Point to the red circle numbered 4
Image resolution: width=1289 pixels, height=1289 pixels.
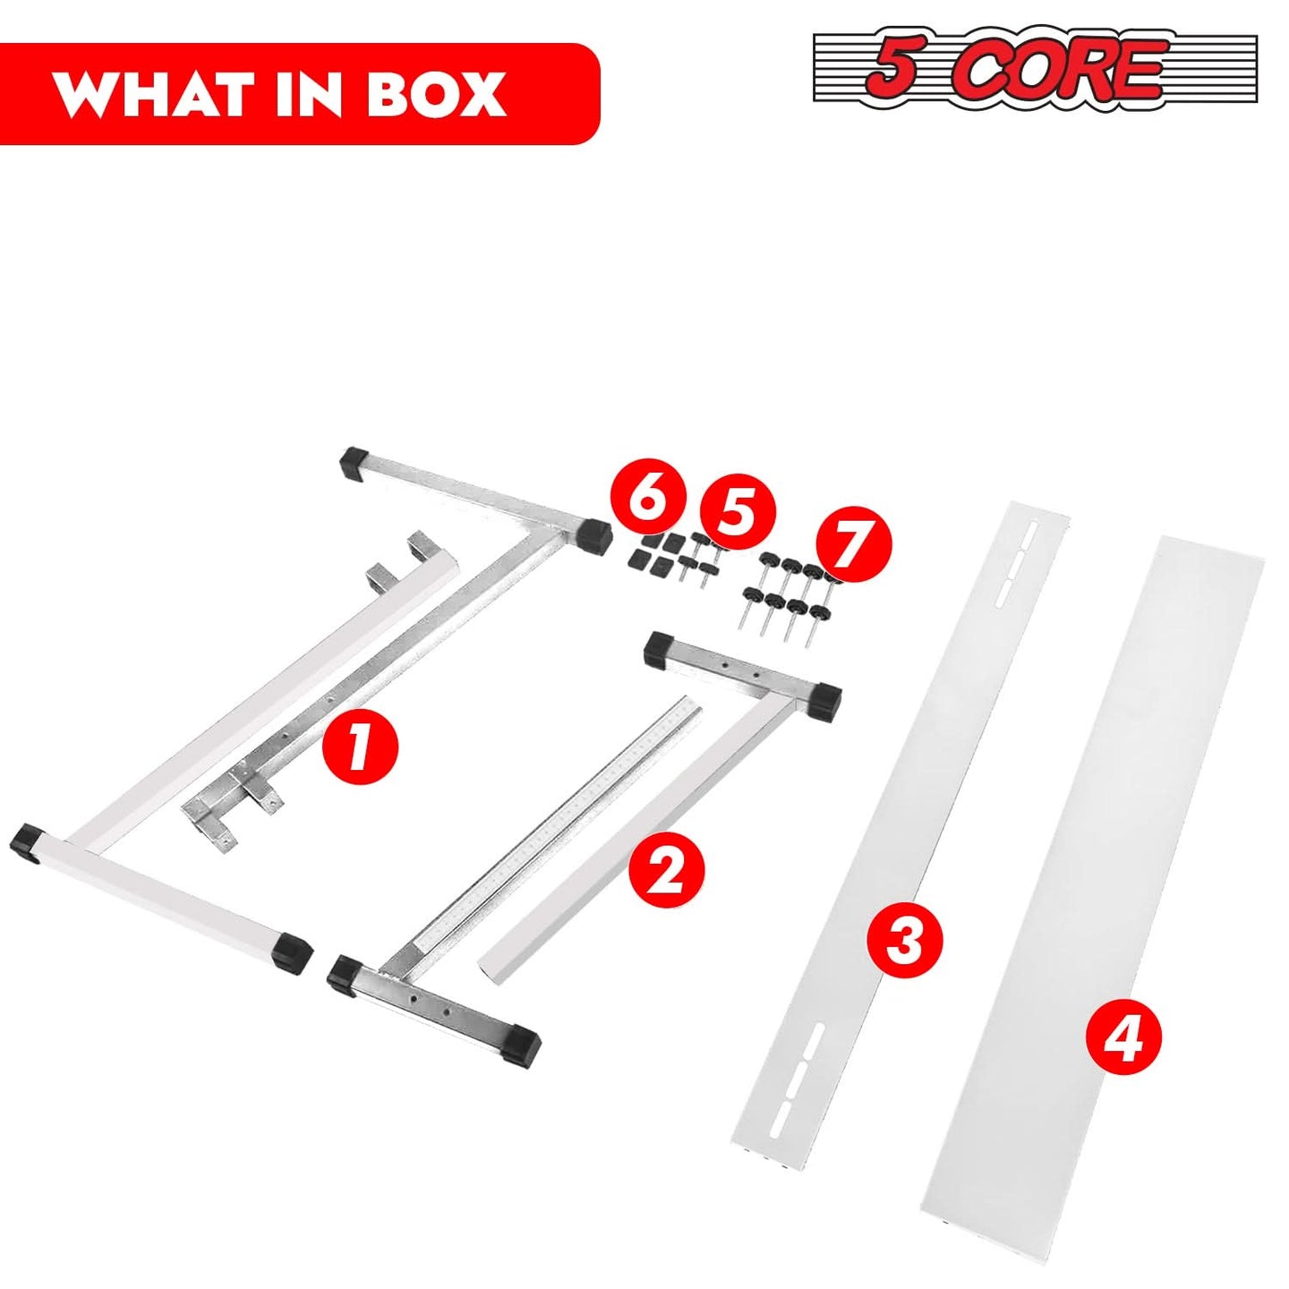coord(1127,1054)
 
